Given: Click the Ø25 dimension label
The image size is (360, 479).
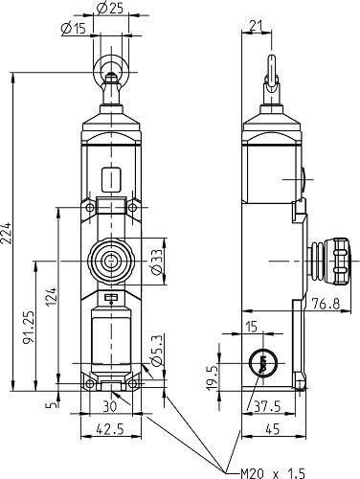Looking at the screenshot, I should pos(109,10).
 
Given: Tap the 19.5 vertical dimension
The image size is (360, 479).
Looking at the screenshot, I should pos(214,376).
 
